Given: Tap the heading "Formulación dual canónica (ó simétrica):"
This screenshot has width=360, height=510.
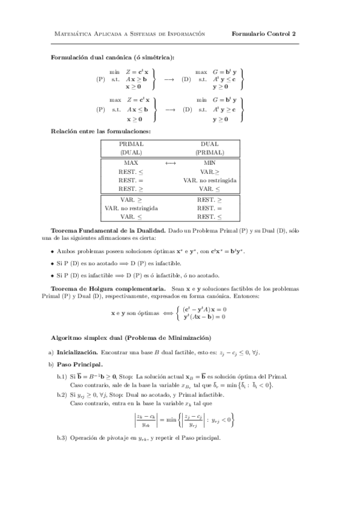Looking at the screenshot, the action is point(112,57).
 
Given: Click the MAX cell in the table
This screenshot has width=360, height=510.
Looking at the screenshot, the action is point(131,162).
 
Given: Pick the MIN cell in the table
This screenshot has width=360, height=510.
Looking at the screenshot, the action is point(210,162).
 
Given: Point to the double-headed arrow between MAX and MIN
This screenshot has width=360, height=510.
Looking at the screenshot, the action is point(170,162).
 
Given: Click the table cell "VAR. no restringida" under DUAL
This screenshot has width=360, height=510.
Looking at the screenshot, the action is point(210,180).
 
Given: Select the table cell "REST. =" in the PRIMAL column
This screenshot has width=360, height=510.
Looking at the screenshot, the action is point(131,180).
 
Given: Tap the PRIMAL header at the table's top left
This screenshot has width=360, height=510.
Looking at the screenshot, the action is point(131,144).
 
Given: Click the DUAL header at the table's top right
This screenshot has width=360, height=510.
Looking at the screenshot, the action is point(210,144).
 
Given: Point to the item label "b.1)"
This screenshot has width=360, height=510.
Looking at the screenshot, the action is point(61,376).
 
